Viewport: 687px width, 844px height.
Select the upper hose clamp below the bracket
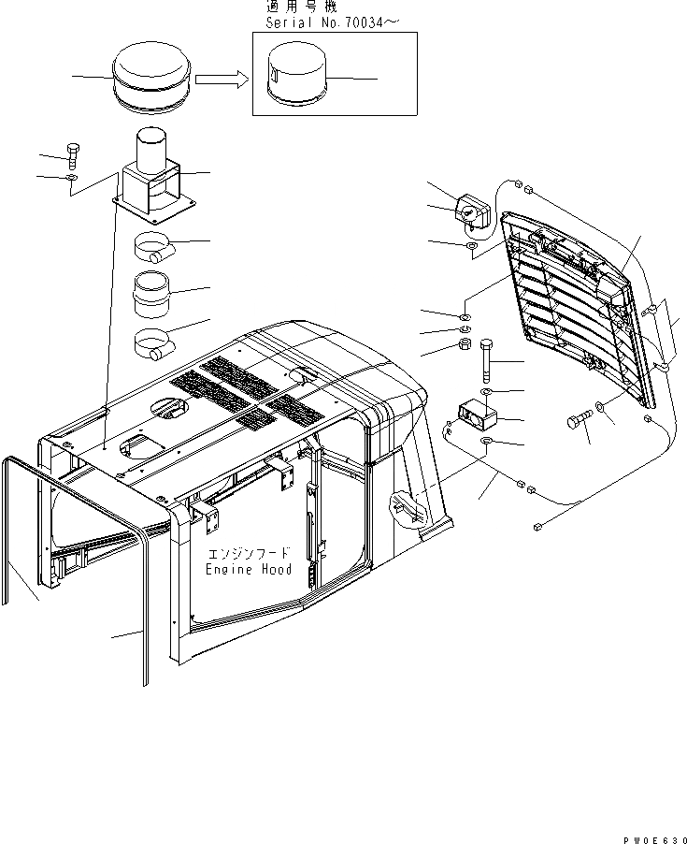[x=155, y=249]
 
